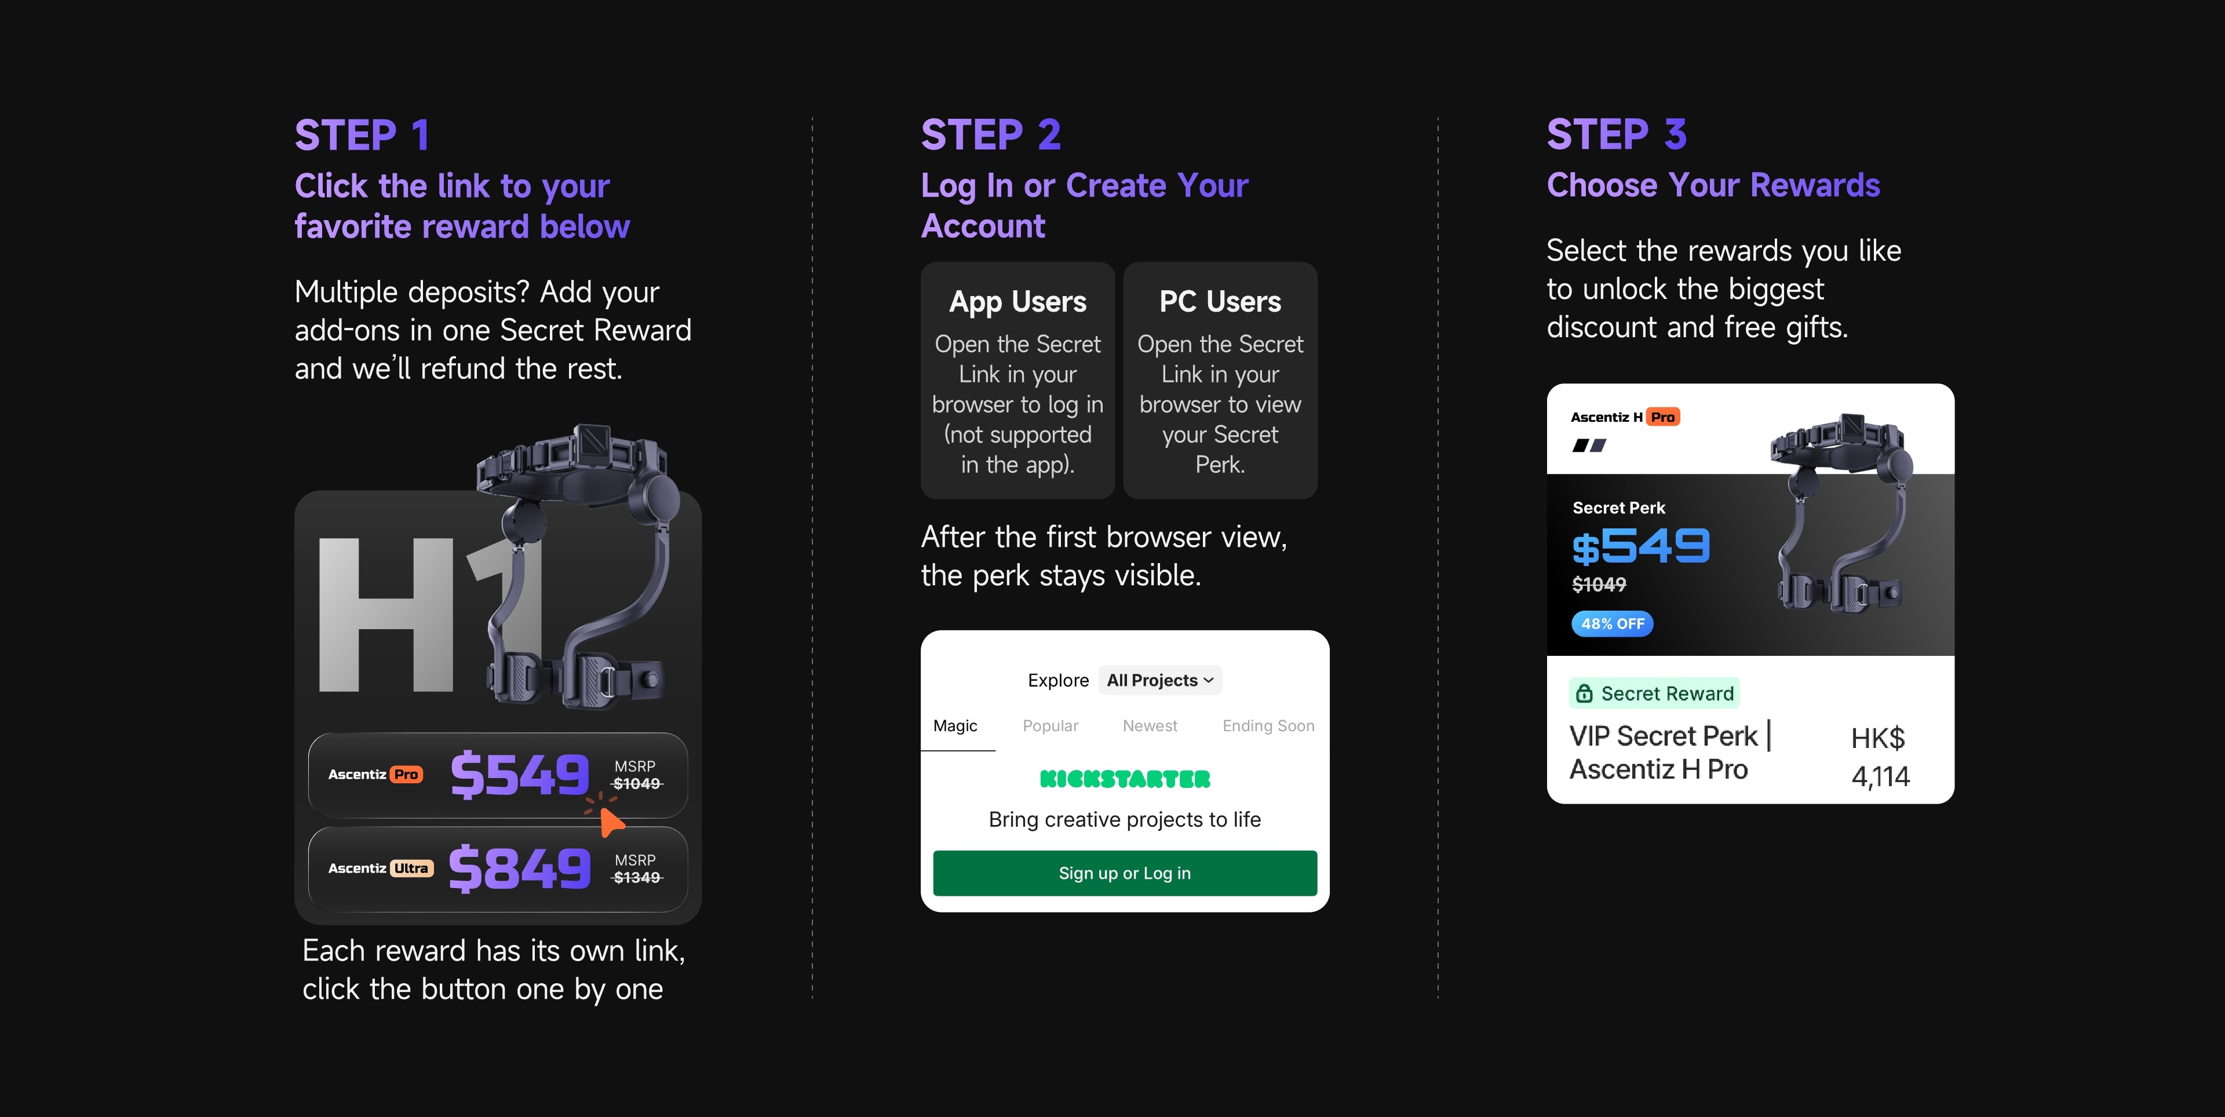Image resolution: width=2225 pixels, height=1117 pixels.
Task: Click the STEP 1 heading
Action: pos(362,135)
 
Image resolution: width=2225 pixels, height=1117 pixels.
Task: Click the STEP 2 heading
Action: pos(991,135)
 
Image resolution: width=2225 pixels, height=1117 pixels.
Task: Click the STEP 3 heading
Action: pos(1616,135)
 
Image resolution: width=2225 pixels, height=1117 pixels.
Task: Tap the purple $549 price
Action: pos(520,774)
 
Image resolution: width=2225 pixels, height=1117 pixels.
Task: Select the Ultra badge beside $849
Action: pos(411,868)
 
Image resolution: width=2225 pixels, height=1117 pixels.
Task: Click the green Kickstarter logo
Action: pos(1125,779)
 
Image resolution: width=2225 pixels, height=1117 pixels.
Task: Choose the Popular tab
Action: pos(1051,726)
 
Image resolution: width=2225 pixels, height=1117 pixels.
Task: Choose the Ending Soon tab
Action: pos(1268,726)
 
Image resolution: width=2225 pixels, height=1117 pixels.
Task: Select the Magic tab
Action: pos(955,726)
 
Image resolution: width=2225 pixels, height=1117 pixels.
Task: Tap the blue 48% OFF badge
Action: pos(1612,624)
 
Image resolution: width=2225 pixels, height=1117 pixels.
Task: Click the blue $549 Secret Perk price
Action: pos(1640,546)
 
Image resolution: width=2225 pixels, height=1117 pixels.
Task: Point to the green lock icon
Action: pos(1584,693)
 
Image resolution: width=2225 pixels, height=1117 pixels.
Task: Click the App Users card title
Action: pos(1017,301)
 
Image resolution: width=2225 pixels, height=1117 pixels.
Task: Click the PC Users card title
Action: pos(1220,301)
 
